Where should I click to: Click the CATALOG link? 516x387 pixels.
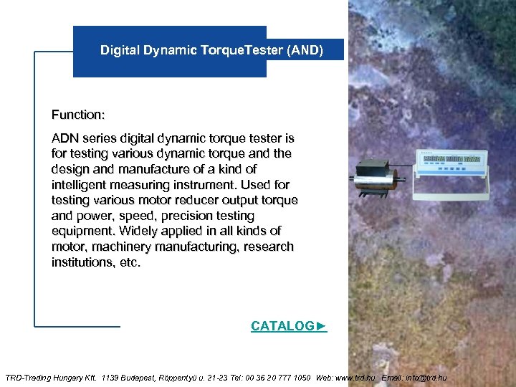click(x=288, y=326)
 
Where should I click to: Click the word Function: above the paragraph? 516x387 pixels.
click(x=78, y=115)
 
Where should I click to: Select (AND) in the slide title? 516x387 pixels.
click(x=307, y=50)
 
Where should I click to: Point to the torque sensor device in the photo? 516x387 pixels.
click(x=377, y=174)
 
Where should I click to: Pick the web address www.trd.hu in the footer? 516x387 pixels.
click(x=355, y=377)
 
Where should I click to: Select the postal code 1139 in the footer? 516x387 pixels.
click(x=111, y=377)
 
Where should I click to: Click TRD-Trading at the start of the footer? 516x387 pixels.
click(x=27, y=377)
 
